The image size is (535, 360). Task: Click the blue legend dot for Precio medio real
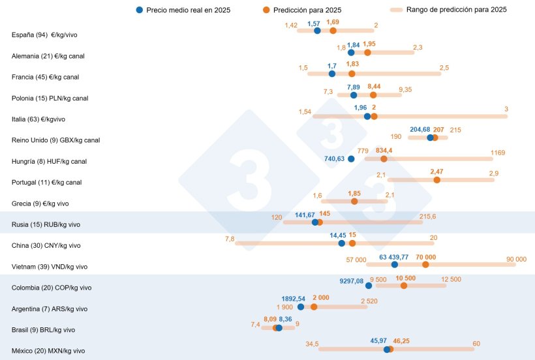(x=139, y=10)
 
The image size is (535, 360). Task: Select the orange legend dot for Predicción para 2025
(x=265, y=10)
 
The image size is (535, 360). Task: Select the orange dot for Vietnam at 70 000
(x=425, y=264)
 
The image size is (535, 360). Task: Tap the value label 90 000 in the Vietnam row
(x=516, y=259)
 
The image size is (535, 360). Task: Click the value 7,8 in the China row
(x=229, y=239)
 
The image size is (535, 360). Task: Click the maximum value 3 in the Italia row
(x=506, y=108)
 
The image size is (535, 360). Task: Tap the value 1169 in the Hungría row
(x=498, y=152)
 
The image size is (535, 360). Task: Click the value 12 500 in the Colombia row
(x=451, y=279)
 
